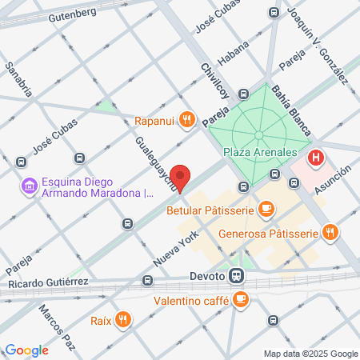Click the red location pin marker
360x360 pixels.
(x=181, y=178)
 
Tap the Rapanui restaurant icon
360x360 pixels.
(x=186, y=120)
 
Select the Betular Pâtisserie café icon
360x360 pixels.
(x=266, y=211)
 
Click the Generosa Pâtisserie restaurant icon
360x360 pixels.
(x=330, y=234)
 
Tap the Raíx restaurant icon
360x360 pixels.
(x=122, y=321)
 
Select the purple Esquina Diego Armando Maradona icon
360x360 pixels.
(x=29, y=186)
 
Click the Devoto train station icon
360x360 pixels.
(x=236, y=276)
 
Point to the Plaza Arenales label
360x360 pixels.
(x=261, y=152)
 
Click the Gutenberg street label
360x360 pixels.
(x=71, y=15)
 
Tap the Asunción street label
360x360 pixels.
(x=334, y=175)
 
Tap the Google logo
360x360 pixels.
(x=26, y=350)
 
